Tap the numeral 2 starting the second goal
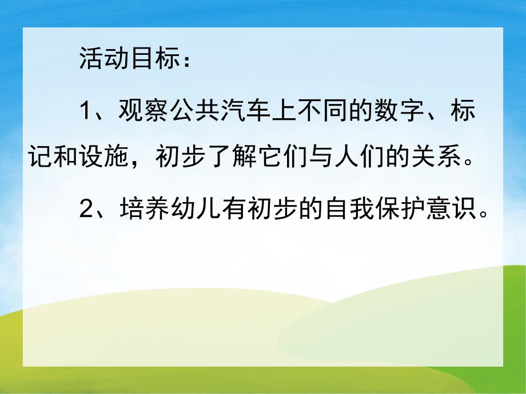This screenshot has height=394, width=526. [x=86, y=211]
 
